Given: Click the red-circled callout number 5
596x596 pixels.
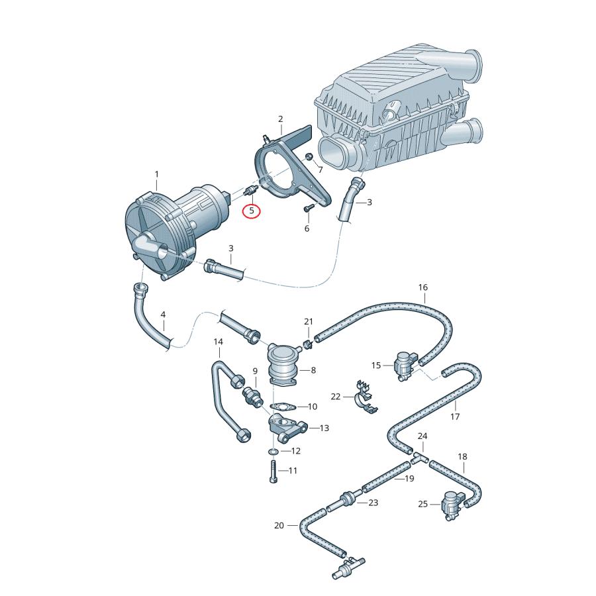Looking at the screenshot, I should (252, 211).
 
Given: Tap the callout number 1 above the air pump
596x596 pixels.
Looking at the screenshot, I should (157, 175).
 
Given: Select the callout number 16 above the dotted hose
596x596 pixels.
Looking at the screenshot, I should (423, 287).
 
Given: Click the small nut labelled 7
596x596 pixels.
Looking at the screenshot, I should (309, 156).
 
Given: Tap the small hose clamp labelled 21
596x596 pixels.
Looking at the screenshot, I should (308, 344).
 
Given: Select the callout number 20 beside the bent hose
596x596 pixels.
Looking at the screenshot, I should (279, 526).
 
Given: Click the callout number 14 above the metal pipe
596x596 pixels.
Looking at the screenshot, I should (218, 342).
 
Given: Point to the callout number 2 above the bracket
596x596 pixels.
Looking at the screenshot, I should (280, 119).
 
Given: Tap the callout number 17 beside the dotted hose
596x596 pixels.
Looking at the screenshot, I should (455, 417).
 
